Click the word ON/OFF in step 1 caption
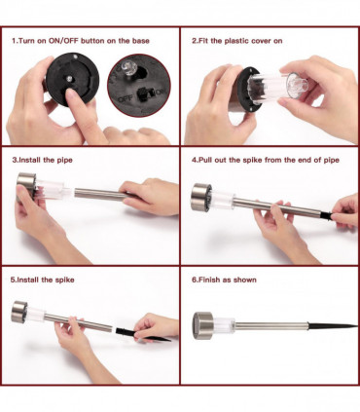[63, 41]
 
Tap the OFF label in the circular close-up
[126, 98]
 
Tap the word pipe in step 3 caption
[65, 160]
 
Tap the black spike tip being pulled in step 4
[326, 215]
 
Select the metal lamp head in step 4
[201, 198]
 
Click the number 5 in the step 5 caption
[13, 280]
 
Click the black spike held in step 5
[142, 335]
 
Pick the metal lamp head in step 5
[18, 312]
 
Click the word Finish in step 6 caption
[209, 280]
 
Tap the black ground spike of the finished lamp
[332, 325]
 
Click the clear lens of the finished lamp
[224, 325]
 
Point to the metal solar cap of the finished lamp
[202, 325]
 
